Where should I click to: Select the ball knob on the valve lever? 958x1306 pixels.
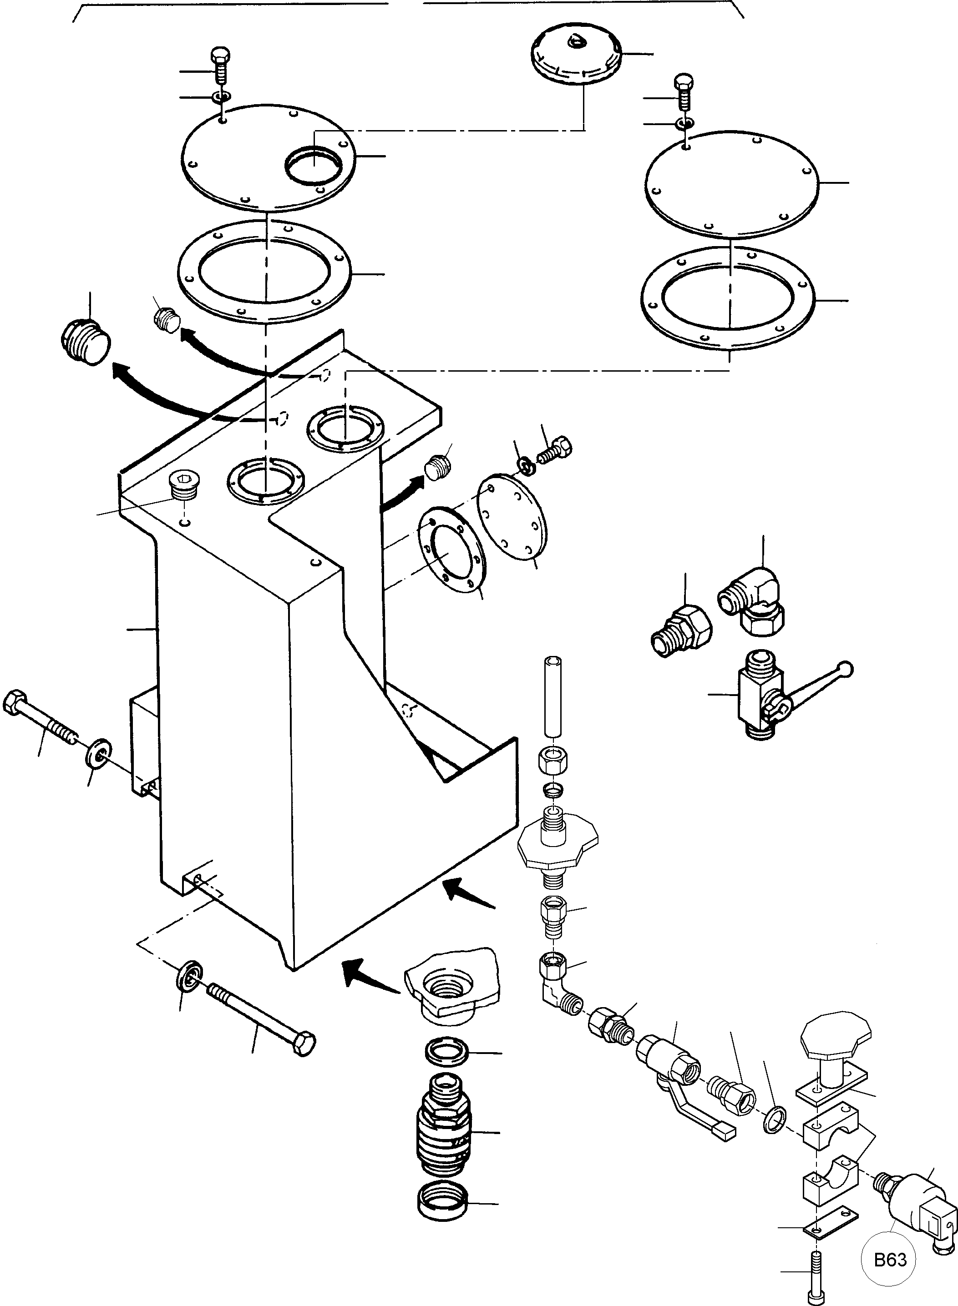[846, 669]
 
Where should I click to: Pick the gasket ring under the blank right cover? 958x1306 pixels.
[728, 298]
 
